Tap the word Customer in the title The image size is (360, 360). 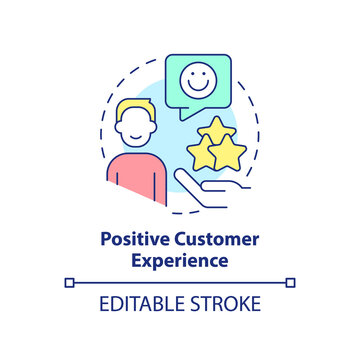point(209,241)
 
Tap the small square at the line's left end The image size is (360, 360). point(69,283)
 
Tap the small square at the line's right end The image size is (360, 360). point(291,283)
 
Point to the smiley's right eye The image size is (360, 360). point(206,71)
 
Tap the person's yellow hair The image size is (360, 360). point(133,109)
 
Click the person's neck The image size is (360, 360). point(136,152)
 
